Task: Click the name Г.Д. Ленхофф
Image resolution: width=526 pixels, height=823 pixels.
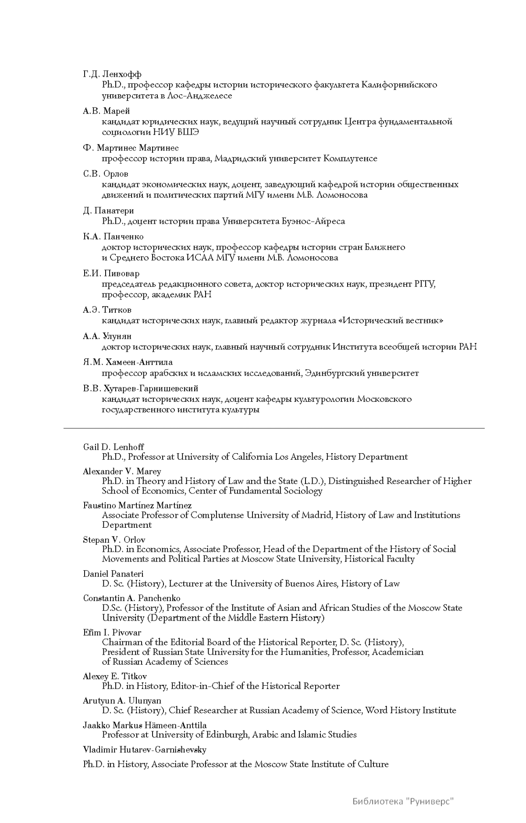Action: (112, 74)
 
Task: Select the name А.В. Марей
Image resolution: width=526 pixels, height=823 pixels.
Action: (107, 111)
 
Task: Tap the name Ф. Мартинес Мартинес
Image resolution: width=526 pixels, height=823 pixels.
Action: (131, 148)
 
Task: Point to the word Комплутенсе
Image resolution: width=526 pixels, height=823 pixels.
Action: (350, 158)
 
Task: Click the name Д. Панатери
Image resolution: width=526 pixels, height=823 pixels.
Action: (108, 211)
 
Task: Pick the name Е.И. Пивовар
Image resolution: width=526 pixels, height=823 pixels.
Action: (111, 273)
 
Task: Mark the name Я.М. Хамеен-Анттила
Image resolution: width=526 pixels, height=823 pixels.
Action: (128, 362)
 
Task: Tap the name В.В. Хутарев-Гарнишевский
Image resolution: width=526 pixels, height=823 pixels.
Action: (141, 389)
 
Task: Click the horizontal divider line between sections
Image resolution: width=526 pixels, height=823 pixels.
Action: (274, 428)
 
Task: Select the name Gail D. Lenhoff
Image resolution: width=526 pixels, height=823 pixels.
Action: (114, 447)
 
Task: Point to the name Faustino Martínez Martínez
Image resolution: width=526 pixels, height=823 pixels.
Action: (137, 505)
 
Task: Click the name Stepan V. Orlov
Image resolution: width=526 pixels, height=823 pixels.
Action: (114, 540)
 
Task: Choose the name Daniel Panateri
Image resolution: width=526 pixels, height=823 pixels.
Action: (113, 574)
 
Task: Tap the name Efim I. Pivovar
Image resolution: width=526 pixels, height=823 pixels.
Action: (112, 633)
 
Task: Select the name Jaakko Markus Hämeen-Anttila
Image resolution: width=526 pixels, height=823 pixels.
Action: (145, 725)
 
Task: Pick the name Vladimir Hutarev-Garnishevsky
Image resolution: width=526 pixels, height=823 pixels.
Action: (145, 750)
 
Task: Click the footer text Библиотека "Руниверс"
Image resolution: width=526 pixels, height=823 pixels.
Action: (403, 802)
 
